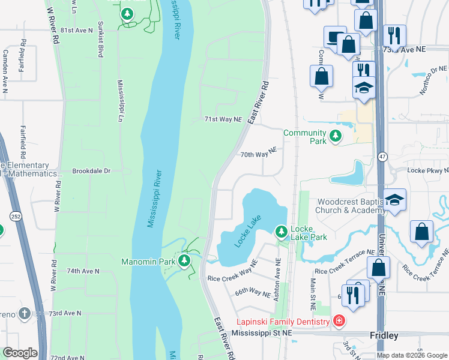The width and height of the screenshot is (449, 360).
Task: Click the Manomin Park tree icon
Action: click(185, 261)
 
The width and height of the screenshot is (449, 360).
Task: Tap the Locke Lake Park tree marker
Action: click(281, 231)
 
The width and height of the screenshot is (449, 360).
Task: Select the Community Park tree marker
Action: click(335, 137)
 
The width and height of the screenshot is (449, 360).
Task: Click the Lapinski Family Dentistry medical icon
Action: click(339, 322)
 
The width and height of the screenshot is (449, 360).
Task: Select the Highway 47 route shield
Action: click(382, 157)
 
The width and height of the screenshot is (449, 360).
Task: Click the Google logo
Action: click(20, 353)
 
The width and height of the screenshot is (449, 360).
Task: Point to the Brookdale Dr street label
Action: click(91, 171)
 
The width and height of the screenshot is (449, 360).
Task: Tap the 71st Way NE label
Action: click(223, 120)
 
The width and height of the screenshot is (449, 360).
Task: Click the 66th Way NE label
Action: click(252, 292)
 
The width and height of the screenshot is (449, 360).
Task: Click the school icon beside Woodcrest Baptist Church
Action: click(396, 200)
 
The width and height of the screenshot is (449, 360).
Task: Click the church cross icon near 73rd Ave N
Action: click(24, 313)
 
